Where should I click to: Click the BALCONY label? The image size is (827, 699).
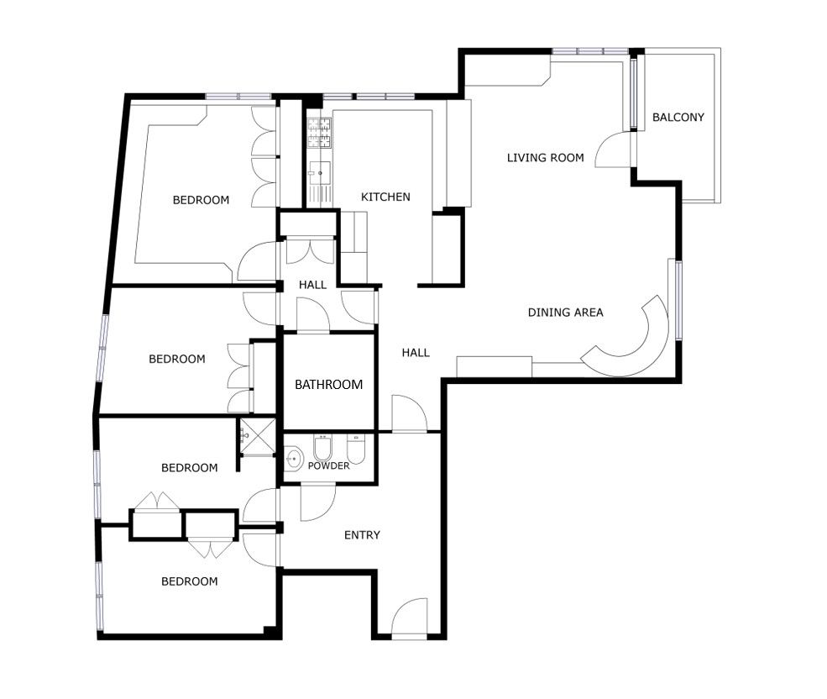pyautogui.click(x=678, y=118)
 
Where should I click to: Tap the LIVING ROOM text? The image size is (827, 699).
pyautogui.click(x=546, y=157)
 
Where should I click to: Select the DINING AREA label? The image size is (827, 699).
pyautogui.click(x=565, y=312)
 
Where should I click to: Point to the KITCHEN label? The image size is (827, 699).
pyautogui.click(x=385, y=197)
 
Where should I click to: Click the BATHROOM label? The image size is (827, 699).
pyautogui.click(x=328, y=384)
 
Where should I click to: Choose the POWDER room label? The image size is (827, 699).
pyautogui.click(x=328, y=465)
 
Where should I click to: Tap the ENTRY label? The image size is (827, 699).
pyautogui.click(x=362, y=535)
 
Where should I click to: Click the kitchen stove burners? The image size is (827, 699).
pyautogui.click(x=320, y=133)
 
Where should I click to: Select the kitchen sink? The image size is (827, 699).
pyautogui.click(x=320, y=172)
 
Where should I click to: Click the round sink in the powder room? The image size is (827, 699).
pyautogui.click(x=293, y=457)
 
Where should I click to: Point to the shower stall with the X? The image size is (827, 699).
pyautogui.click(x=258, y=436)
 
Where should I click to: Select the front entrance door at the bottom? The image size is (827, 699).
pyautogui.click(x=409, y=617)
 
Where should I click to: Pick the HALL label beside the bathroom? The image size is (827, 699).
pyautogui.click(x=416, y=353)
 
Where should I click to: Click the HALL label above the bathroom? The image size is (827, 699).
pyautogui.click(x=312, y=285)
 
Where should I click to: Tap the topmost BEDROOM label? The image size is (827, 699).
pyautogui.click(x=201, y=200)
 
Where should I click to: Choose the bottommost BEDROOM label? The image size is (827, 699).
pyautogui.click(x=190, y=581)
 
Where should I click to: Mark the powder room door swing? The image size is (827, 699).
pyautogui.click(x=318, y=502)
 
